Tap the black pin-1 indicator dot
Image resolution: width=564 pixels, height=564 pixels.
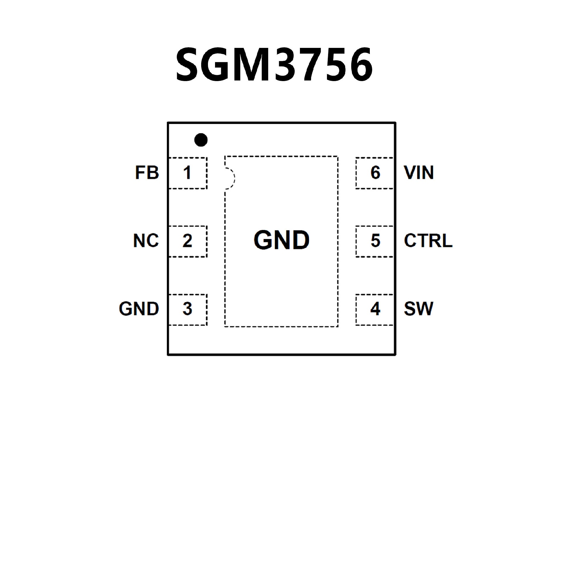point(201,140)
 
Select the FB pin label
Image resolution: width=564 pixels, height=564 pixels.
point(147,173)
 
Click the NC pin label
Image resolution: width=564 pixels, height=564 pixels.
point(146,241)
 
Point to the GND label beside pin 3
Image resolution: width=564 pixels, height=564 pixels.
point(139,309)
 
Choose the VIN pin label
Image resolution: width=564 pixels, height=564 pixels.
point(419,173)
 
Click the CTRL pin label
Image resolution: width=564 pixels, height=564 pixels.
point(428,241)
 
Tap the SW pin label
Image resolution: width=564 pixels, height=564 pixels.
point(418,309)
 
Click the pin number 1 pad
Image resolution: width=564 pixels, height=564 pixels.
point(187,173)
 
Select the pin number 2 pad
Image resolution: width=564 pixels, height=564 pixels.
point(187,241)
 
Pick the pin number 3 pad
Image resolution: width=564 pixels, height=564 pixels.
point(187,309)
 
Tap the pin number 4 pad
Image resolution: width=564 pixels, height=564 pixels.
point(375,309)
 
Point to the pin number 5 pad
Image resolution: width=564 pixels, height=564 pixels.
point(375,241)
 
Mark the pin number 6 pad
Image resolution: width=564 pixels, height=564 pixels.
point(375,173)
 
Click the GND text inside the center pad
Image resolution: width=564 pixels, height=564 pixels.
point(281,240)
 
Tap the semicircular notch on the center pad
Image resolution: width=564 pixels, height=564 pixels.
point(230,178)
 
